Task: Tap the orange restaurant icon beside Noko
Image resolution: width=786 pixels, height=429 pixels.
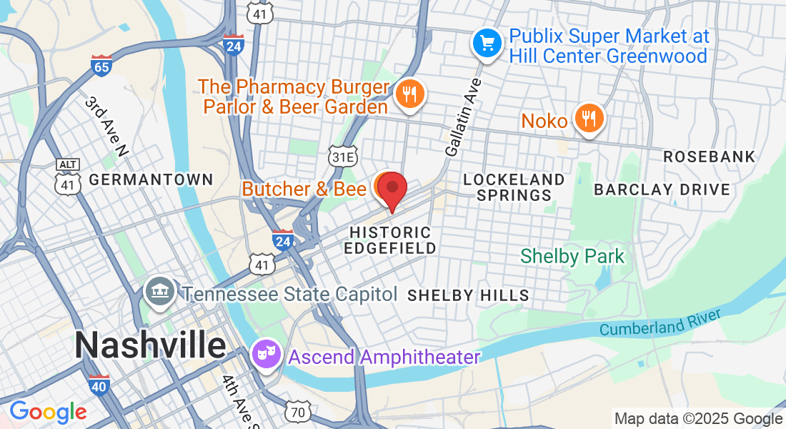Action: pos(589,119)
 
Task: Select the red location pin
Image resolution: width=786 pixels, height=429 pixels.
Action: pos(392,189)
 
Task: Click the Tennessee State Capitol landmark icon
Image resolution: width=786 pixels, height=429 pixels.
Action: pos(159,292)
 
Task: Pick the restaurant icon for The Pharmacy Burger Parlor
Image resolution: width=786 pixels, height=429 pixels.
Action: pos(409,94)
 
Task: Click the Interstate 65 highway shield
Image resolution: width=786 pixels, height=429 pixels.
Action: pos(101,66)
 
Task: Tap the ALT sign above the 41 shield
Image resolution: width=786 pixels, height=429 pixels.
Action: pos(67,164)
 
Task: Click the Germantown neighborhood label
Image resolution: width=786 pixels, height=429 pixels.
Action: pos(151,179)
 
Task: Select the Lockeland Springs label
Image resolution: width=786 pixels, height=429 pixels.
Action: pos(514,187)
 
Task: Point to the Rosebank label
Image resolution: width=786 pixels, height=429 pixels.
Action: pos(709,156)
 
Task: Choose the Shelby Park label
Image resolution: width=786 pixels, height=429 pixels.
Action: pos(572,256)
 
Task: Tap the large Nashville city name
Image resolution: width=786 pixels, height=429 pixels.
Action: pos(150,346)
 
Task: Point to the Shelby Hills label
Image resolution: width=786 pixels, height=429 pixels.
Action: pos(468,295)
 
